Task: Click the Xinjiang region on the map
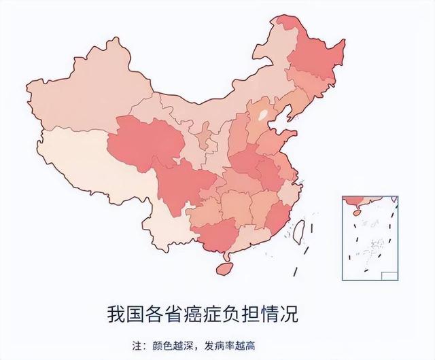(82, 95)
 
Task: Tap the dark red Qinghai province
(146, 143)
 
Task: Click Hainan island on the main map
(224, 266)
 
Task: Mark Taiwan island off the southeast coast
(296, 232)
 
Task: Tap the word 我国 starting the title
(123, 314)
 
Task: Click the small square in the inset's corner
(388, 275)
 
